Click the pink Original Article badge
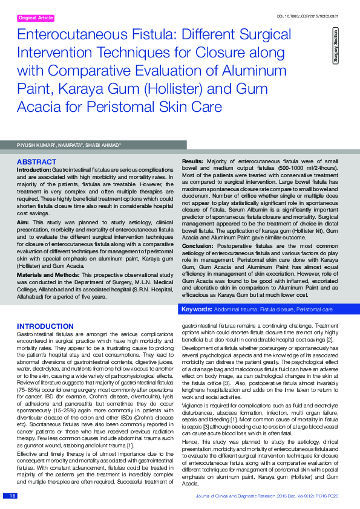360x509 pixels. click(x=36, y=18)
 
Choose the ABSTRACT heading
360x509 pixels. click(x=36, y=163)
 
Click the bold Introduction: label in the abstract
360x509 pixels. click(x=34, y=170)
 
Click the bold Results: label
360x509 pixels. click(x=192, y=161)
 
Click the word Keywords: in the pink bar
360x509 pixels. click(x=197, y=309)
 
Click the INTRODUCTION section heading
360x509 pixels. click(x=45, y=326)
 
